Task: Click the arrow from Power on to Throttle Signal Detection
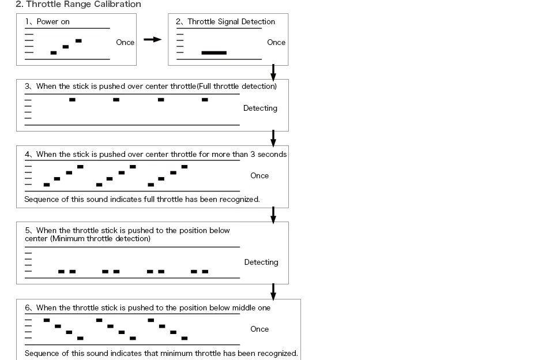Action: (152, 39)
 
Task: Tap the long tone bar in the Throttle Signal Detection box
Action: (214, 52)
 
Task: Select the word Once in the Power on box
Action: (125, 42)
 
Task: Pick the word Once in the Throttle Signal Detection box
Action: (276, 42)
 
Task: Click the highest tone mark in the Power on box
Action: (78, 40)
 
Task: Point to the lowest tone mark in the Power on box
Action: (54, 52)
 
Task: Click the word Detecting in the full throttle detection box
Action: (260, 108)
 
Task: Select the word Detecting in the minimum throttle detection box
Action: (261, 262)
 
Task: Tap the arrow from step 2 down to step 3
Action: (273, 72)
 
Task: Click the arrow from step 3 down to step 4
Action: (273, 138)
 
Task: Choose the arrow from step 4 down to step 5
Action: (273, 215)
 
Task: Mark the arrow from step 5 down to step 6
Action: (273, 291)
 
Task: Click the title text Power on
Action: (53, 22)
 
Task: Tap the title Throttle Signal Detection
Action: (231, 22)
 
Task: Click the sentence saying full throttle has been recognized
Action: (142, 200)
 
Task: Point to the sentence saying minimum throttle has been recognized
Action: (161, 353)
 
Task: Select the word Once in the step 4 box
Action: (259, 175)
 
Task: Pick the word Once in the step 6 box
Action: (259, 329)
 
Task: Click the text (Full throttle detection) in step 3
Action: (237, 87)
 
